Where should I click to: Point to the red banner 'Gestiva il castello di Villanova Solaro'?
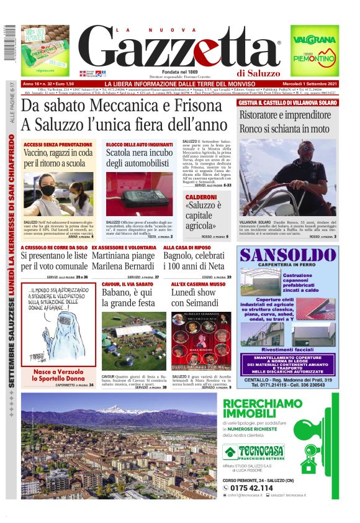pyautogui.click(x=287, y=102)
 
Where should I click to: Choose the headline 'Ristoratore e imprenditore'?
pyautogui.click(x=286, y=115)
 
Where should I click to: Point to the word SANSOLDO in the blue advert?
pyautogui.click(x=287, y=255)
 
